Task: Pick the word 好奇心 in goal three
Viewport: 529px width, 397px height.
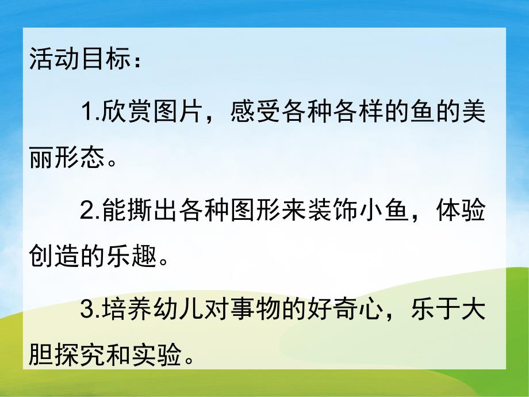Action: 355,312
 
